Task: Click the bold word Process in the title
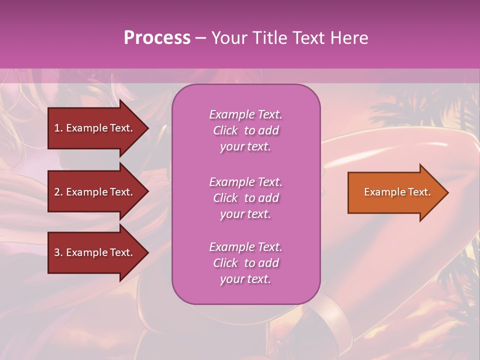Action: pos(157,38)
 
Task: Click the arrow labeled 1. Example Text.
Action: pos(95,128)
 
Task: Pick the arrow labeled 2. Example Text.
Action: pos(95,192)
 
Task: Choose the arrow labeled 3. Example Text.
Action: pos(95,252)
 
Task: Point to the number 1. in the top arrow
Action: pos(58,128)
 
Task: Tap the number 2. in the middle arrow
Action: pos(58,192)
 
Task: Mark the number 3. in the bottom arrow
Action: pos(58,252)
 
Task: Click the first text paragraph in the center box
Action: pos(245,130)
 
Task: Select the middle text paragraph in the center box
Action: pos(245,198)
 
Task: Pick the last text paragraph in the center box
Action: pos(245,263)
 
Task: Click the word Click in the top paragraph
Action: pos(225,130)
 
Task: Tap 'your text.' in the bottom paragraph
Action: pos(245,279)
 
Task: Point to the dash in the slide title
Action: pos(200,38)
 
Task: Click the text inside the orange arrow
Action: pos(397,192)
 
